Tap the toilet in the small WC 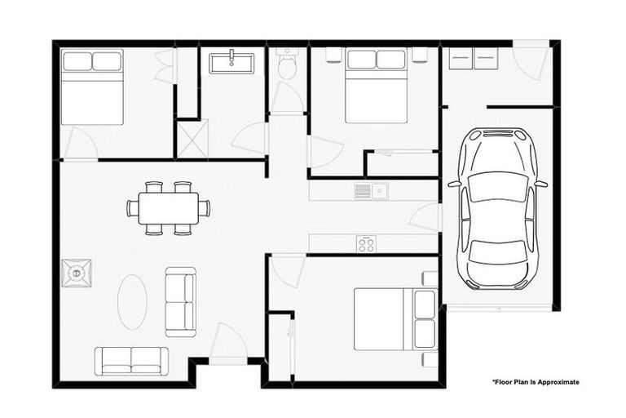(287, 67)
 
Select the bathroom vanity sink (232, 62)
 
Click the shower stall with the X (192, 136)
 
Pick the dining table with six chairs (168, 207)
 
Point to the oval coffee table (133, 300)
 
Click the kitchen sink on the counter (370, 192)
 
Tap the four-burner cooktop (366, 243)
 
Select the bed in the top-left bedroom (91, 87)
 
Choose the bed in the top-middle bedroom (376, 86)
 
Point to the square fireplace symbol (78, 273)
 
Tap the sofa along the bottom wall (131, 360)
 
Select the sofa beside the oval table (180, 300)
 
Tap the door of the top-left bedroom (80, 145)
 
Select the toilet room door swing (286, 97)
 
